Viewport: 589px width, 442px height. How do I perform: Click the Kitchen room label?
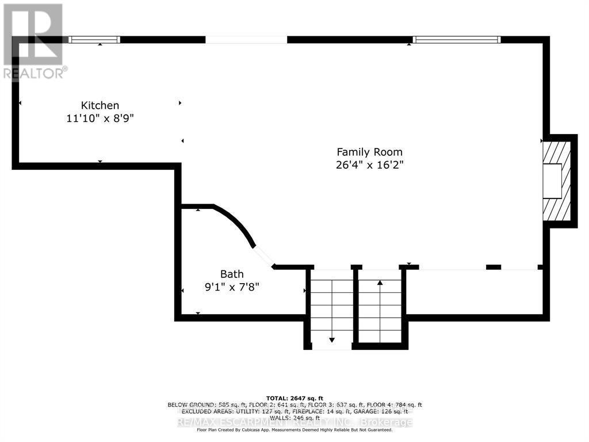pos(100,105)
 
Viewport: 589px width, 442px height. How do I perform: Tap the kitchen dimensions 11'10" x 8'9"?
pos(100,118)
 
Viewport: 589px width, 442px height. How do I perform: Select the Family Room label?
pos(369,152)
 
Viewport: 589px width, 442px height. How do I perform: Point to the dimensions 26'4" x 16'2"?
pos(369,165)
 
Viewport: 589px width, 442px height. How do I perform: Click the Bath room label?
pos(232,274)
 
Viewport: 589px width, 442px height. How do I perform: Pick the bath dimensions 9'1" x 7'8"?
pos(232,287)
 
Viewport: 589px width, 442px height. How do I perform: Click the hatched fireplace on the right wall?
pos(557,181)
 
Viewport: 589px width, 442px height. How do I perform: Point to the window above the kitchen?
pos(94,40)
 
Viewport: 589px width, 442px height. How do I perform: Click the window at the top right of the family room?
pos(457,40)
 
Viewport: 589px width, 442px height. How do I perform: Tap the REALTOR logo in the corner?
pos(33,40)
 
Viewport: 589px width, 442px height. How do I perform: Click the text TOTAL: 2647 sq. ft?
pos(294,398)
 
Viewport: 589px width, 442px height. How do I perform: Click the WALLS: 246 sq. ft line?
pos(294,418)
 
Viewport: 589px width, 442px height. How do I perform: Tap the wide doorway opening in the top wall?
pos(246,40)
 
